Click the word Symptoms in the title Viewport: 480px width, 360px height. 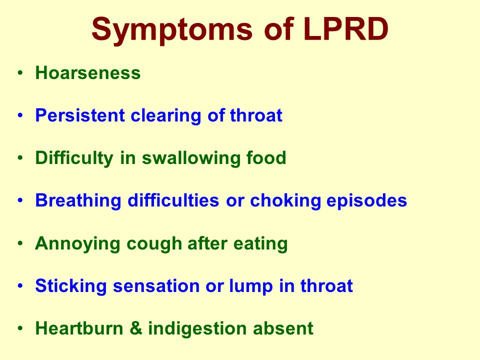172,30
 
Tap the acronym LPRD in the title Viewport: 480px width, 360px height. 346,29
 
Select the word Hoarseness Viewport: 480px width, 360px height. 88,73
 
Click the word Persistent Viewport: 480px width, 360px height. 80,115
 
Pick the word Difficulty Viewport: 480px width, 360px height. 74,159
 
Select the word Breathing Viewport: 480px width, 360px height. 78,201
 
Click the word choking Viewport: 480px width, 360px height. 285,201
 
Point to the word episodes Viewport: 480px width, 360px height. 366,201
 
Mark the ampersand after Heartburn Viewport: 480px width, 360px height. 136,328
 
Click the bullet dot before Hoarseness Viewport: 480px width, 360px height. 20,73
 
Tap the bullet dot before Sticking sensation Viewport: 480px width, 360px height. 20,285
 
